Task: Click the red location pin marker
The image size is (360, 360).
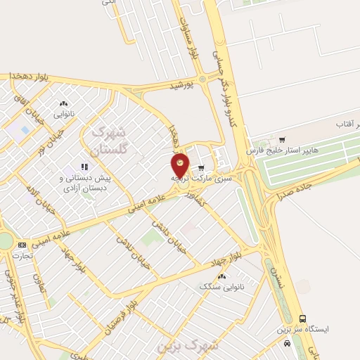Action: click(x=181, y=165)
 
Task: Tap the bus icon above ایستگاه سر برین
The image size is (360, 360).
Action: click(x=302, y=319)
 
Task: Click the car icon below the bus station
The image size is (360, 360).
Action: click(x=287, y=342)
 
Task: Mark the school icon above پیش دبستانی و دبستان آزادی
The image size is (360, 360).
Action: click(x=84, y=167)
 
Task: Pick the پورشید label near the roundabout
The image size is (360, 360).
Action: click(x=181, y=85)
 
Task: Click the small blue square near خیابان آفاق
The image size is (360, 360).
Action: click(x=25, y=131)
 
